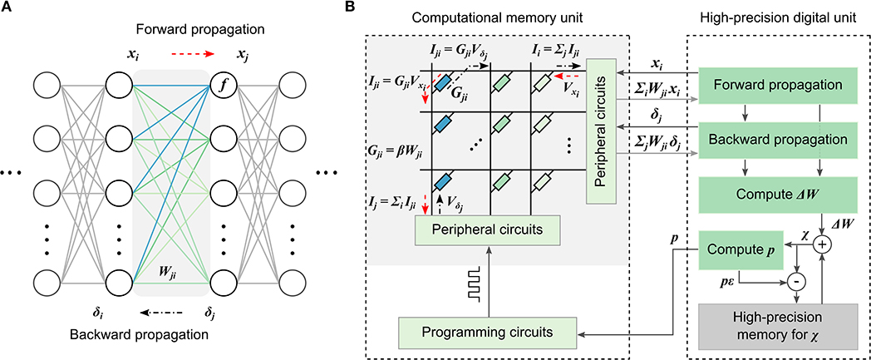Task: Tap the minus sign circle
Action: (797, 280)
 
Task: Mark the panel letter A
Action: (7, 7)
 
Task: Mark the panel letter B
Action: (372, 7)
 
